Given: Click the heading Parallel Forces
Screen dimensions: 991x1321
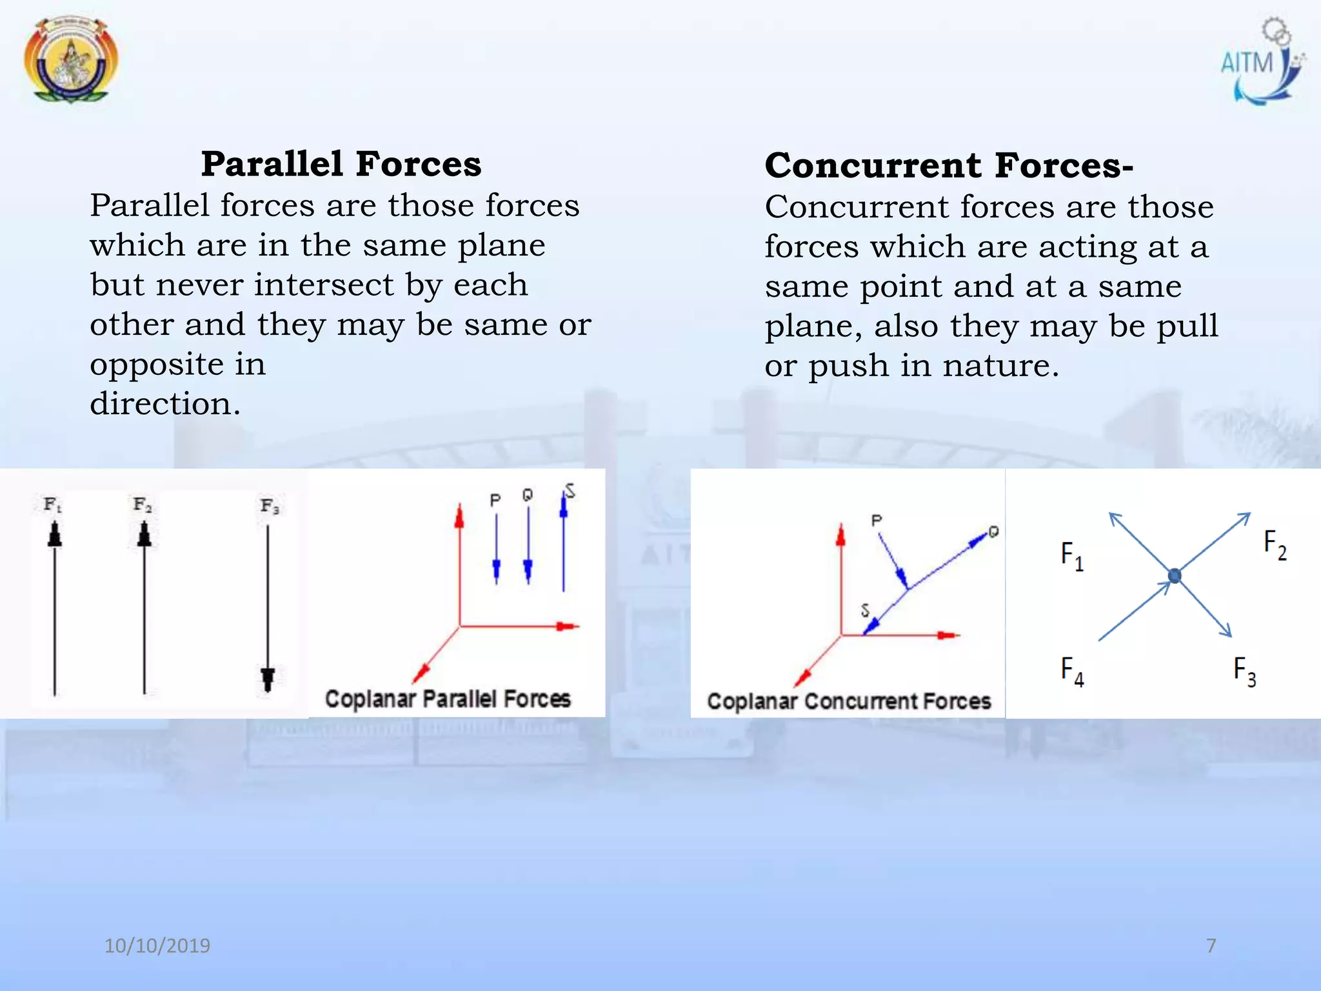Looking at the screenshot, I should pos(341,164).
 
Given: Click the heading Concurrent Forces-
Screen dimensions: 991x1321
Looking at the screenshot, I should pos(948,166).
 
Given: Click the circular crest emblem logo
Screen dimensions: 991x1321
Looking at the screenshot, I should pos(71,59).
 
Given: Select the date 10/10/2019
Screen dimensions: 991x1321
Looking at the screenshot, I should pos(157,946).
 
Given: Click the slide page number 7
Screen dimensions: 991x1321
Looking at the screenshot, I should pos(1211,946).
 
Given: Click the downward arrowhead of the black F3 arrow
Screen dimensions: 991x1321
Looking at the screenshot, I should pos(268,679).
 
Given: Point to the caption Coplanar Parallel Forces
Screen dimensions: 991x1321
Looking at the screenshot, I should pos(448,699).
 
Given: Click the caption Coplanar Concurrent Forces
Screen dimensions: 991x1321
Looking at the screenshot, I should pos(849,701).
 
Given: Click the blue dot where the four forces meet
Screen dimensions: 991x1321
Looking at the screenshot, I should pos(1175,576).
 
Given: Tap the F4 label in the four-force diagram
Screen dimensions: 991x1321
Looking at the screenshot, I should pos(1072,671).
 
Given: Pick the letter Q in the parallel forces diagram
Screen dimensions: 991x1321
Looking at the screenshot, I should pos(528,495).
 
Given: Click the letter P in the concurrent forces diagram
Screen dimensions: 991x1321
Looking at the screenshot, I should pos(876,520).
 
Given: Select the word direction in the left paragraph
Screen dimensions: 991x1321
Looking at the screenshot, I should pos(165,404).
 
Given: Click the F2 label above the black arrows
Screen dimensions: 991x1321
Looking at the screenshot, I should pos(143,504).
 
